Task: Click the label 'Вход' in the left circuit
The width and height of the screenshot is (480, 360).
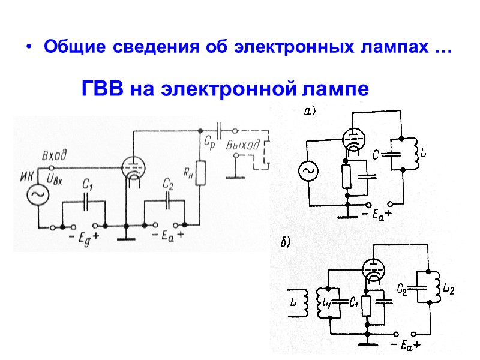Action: point(54,155)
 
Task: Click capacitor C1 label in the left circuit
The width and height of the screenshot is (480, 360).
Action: point(87,185)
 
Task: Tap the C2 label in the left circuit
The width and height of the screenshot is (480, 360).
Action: point(169,185)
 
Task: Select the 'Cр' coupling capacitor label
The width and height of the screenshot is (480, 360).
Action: point(209,144)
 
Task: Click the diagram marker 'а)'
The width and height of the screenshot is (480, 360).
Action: point(310,110)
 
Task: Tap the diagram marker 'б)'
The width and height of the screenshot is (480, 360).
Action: point(286,243)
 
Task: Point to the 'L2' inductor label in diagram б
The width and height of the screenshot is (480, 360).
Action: point(448,289)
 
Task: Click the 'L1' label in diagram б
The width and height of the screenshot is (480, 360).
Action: point(326,302)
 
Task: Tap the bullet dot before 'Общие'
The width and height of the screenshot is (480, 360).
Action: point(27,49)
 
